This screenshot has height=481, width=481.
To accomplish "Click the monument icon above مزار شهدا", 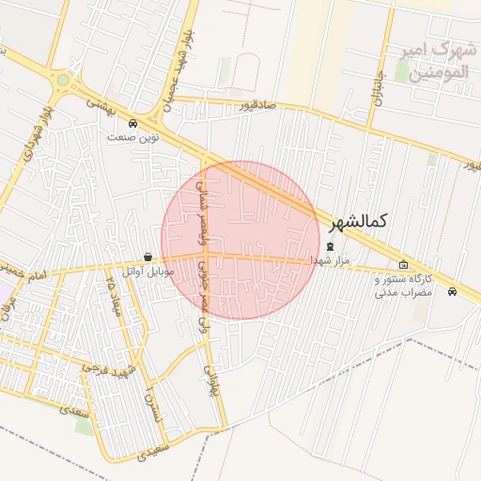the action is coord(329,247).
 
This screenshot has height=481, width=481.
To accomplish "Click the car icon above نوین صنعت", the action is coord(132,123).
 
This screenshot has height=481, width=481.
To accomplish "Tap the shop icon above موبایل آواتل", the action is coord(147,257).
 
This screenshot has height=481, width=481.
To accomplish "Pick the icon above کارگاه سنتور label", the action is coord(403,265).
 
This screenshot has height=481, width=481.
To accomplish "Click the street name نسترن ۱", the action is coord(150,406).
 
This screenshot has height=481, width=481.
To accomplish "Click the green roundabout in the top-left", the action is coord(63,81).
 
